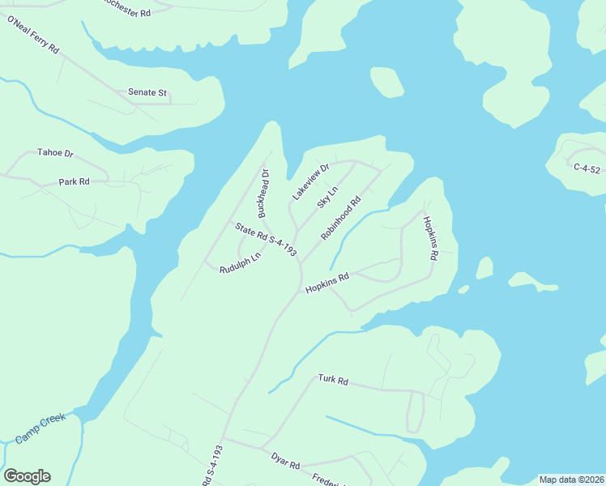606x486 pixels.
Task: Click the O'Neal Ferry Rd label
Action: [33, 34]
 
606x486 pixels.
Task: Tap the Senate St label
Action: [147, 92]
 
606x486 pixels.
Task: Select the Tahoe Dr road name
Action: [55, 152]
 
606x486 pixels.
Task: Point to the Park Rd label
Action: [74, 182]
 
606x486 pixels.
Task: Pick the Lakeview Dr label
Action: [311, 182]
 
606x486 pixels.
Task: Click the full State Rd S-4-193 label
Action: [266, 241]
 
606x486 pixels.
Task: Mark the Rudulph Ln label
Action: [240, 263]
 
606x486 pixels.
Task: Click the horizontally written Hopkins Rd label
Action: [326, 283]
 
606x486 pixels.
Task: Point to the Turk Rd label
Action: [332, 379]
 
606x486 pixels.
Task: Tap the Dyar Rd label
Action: [286, 461]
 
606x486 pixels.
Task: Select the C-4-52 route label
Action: [586, 168]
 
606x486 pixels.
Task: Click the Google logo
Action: [27, 476]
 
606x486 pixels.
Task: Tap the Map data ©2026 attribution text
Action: [571, 480]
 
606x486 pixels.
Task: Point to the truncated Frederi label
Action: [328, 479]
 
